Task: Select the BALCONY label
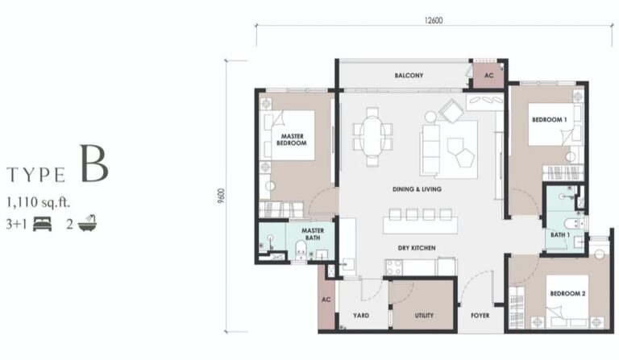409,76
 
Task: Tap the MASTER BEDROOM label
291,139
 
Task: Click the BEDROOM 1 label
550,119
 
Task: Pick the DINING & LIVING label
418,189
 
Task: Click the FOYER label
480,316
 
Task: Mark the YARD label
360,316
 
